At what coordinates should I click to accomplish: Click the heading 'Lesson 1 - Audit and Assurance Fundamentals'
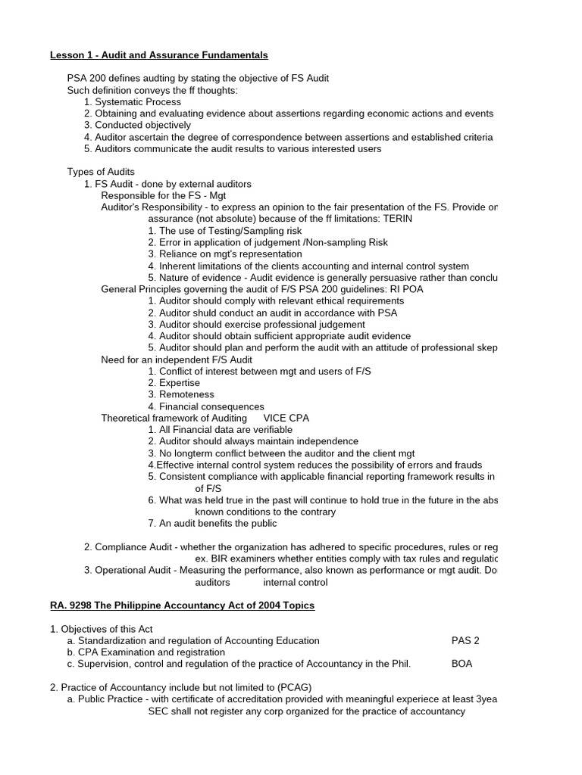(158, 55)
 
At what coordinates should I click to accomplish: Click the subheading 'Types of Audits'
(101, 173)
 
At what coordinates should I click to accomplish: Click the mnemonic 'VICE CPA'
(286, 419)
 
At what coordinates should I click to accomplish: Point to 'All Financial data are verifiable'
(220, 430)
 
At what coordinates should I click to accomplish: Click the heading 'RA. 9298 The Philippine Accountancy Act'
(182, 606)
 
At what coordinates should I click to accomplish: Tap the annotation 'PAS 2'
(465, 641)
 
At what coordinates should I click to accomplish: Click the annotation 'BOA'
(462, 665)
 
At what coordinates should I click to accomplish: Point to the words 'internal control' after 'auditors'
(296, 583)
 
